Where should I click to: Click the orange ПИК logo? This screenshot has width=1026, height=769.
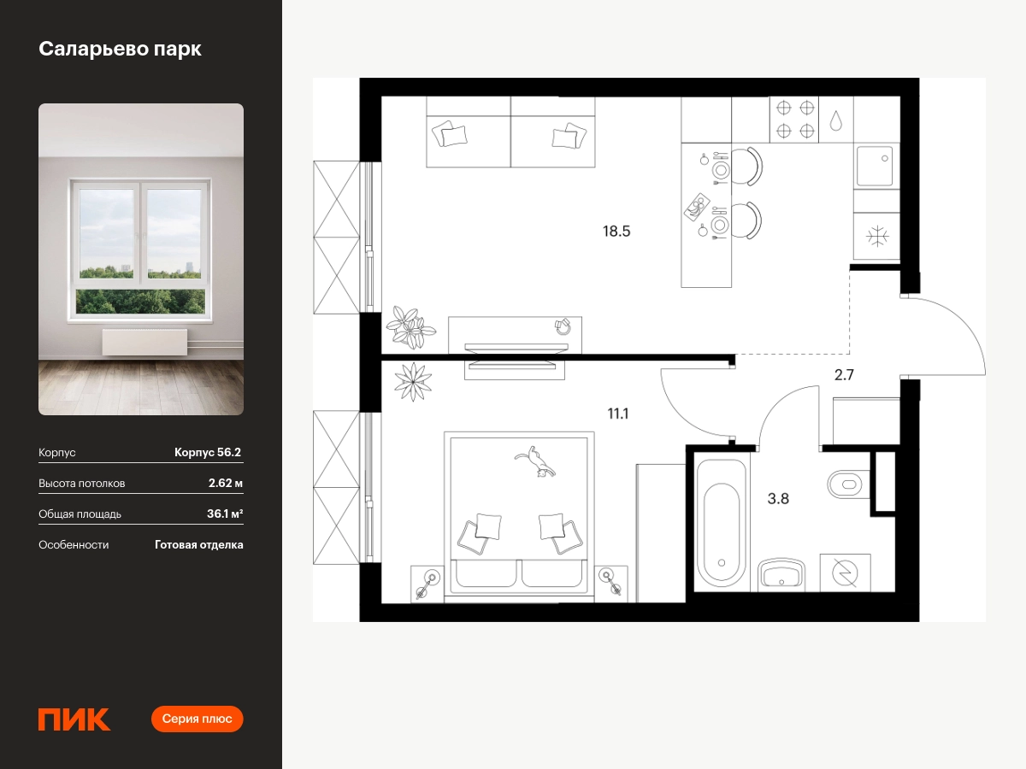[x=74, y=719]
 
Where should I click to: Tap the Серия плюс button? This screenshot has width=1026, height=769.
[x=197, y=719]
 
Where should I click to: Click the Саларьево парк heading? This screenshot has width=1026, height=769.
[x=121, y=49]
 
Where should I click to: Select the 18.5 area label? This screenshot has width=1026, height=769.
[x=616, y=231]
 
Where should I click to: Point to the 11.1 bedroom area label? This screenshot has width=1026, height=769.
[x=617, y=414]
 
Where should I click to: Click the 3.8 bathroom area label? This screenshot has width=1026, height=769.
[x=778, y=499]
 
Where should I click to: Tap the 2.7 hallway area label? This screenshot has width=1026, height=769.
[x=844, y=375]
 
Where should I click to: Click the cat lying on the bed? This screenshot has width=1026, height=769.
[x=535, y=461]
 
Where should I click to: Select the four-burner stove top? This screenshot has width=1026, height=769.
[x=794, y=120]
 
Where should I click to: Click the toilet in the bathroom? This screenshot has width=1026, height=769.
[x=848, y=484]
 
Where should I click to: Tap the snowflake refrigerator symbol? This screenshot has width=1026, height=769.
[x=877, y=237]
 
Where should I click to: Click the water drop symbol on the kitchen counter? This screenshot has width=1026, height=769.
[x=835, y=121]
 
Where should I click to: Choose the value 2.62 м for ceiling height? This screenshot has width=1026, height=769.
[x=226, y=484]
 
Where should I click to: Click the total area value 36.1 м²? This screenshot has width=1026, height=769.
[x=225, y=514]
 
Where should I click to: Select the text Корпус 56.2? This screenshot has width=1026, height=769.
[x=208, y=453]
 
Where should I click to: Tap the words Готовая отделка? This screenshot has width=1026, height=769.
[x=198, y=545]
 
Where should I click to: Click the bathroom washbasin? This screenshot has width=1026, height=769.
[x=781, y=573]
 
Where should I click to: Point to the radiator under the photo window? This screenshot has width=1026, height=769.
[x=144, y=343]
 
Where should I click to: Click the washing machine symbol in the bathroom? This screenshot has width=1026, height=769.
[x=845, y=572]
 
